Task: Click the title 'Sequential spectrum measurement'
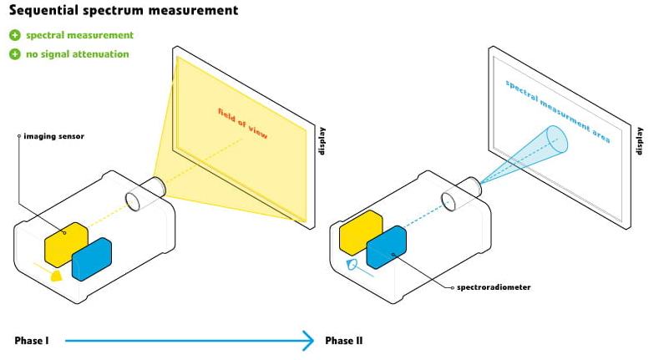coord(123,11)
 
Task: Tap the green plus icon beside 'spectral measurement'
coord(14,35)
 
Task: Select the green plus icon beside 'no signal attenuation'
coord(14,54)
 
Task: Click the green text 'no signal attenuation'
coord(77,54)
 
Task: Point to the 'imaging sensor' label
coord(53,135)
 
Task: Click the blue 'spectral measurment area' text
coord(557,111)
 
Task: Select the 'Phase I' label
coord(32,341)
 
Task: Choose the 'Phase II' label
coord(343,341)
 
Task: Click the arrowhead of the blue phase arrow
coord(309,341)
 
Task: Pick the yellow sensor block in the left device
coord(67,242)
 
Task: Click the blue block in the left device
coord(92,259)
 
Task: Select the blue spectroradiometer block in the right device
coord(386,247)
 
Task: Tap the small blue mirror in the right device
coord(352,266)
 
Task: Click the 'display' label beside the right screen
coord(641,140)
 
